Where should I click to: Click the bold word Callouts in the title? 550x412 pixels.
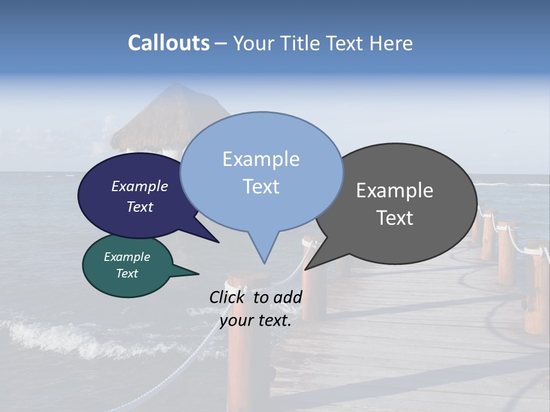(x=168, y=43)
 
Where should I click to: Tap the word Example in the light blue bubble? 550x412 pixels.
(x=261, y=159)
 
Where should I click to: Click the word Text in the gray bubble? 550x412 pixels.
(x=395, y=218)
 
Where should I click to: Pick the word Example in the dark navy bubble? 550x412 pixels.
(x=139, y=186)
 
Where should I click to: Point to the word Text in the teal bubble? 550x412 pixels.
(x=127, y=274)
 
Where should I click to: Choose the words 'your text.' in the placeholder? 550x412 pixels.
(x=255, y=320)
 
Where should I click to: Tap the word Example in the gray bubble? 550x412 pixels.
(x=395, y=191)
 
